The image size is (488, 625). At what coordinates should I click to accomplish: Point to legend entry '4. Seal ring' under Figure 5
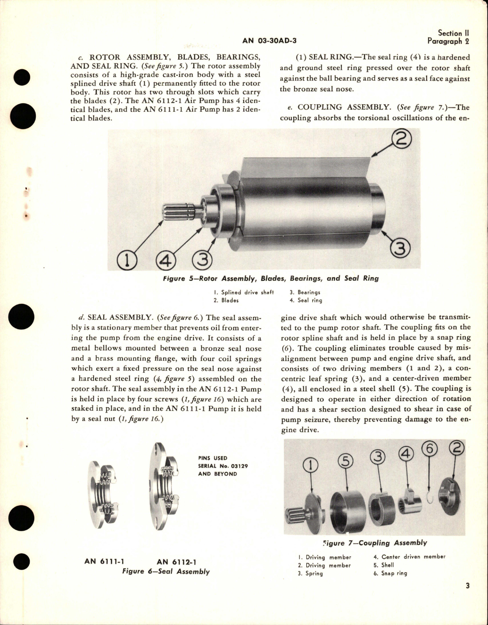tap(306, 300)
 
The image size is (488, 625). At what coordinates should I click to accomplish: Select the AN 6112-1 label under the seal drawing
tap(176, 562)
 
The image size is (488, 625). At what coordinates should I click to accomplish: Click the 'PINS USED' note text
tap(212, 458)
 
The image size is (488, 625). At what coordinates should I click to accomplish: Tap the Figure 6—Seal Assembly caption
tap(166, 571)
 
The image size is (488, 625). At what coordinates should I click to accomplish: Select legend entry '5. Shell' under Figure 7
tap(384, 565)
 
